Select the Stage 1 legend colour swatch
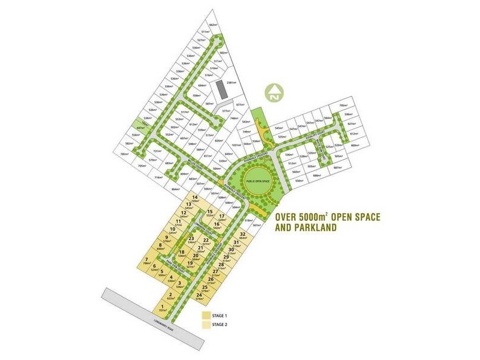[x=206, y=315]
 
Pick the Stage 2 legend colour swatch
[x=206, y=325]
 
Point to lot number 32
[x=243, y=234]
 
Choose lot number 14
[x=194, y=197]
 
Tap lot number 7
[x=146, y=259]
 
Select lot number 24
[x=199, y=295]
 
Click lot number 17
[x=221, y=216]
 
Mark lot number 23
[x=191, y=239]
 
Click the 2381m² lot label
[x=231, y=83]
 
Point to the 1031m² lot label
[x=236, y=145]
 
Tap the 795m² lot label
[x=343, y=106]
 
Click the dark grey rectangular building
[x=220, y=91]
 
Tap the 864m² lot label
[x=176, y=189]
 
